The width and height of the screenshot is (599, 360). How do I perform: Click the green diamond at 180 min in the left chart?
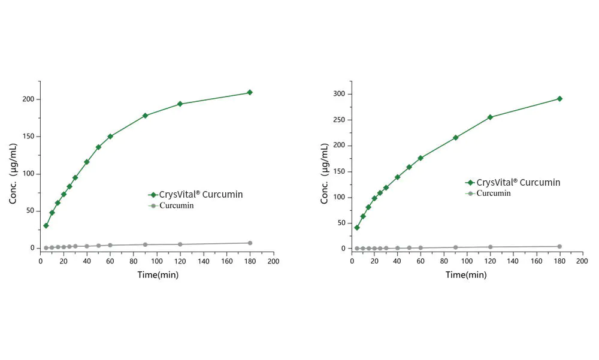pos(250,92)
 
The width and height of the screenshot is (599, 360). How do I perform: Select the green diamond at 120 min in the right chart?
pos(490,117)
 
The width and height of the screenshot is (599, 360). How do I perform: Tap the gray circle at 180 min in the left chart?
pos(250,243)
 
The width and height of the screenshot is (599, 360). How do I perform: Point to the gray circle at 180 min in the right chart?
pos(559,246)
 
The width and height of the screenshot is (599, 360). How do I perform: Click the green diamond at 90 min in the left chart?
pos(145,115)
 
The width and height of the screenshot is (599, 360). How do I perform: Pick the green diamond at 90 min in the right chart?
pos(455,138)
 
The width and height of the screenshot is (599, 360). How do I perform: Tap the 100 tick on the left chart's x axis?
pos(157,262)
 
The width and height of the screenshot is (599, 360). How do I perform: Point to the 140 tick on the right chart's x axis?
pos(513,262)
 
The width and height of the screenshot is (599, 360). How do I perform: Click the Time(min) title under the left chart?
pos(157,275)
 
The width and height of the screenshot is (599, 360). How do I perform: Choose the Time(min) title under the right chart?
pos(466,275)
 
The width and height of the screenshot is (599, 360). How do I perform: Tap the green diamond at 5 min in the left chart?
pos(46,225)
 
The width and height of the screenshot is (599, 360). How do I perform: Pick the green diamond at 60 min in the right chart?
pos(420,158)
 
